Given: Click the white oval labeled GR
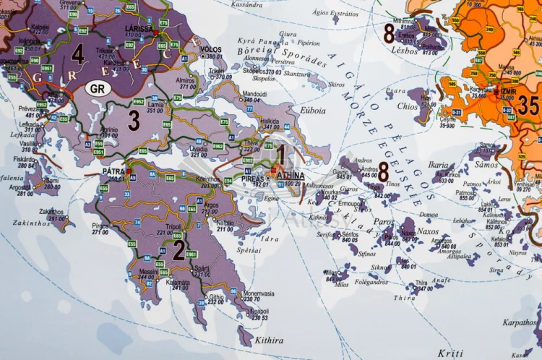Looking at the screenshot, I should click(x=98, y=89).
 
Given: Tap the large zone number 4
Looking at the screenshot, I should click(x=77, y=54).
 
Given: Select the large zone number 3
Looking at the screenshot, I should click(x=134, y=121).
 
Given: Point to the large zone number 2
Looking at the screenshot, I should click(x=178, y=249).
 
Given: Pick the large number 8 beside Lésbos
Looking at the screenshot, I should click(x=390, y=33).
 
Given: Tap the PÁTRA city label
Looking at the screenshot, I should click(x=113, y=172).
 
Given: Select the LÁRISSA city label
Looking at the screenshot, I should click(x=139, y=28).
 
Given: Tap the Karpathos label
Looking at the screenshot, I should click(x=519, y=322).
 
